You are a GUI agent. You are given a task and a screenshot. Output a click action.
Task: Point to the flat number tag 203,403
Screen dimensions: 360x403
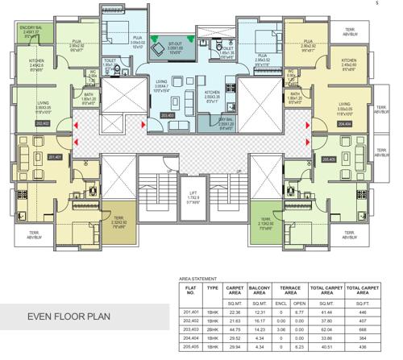[x=168, y=116]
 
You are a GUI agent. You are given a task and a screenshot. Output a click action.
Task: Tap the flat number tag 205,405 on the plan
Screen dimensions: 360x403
[x=327, y=159]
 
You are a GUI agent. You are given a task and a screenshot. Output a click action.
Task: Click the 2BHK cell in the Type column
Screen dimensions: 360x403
[x=213, y=329]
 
